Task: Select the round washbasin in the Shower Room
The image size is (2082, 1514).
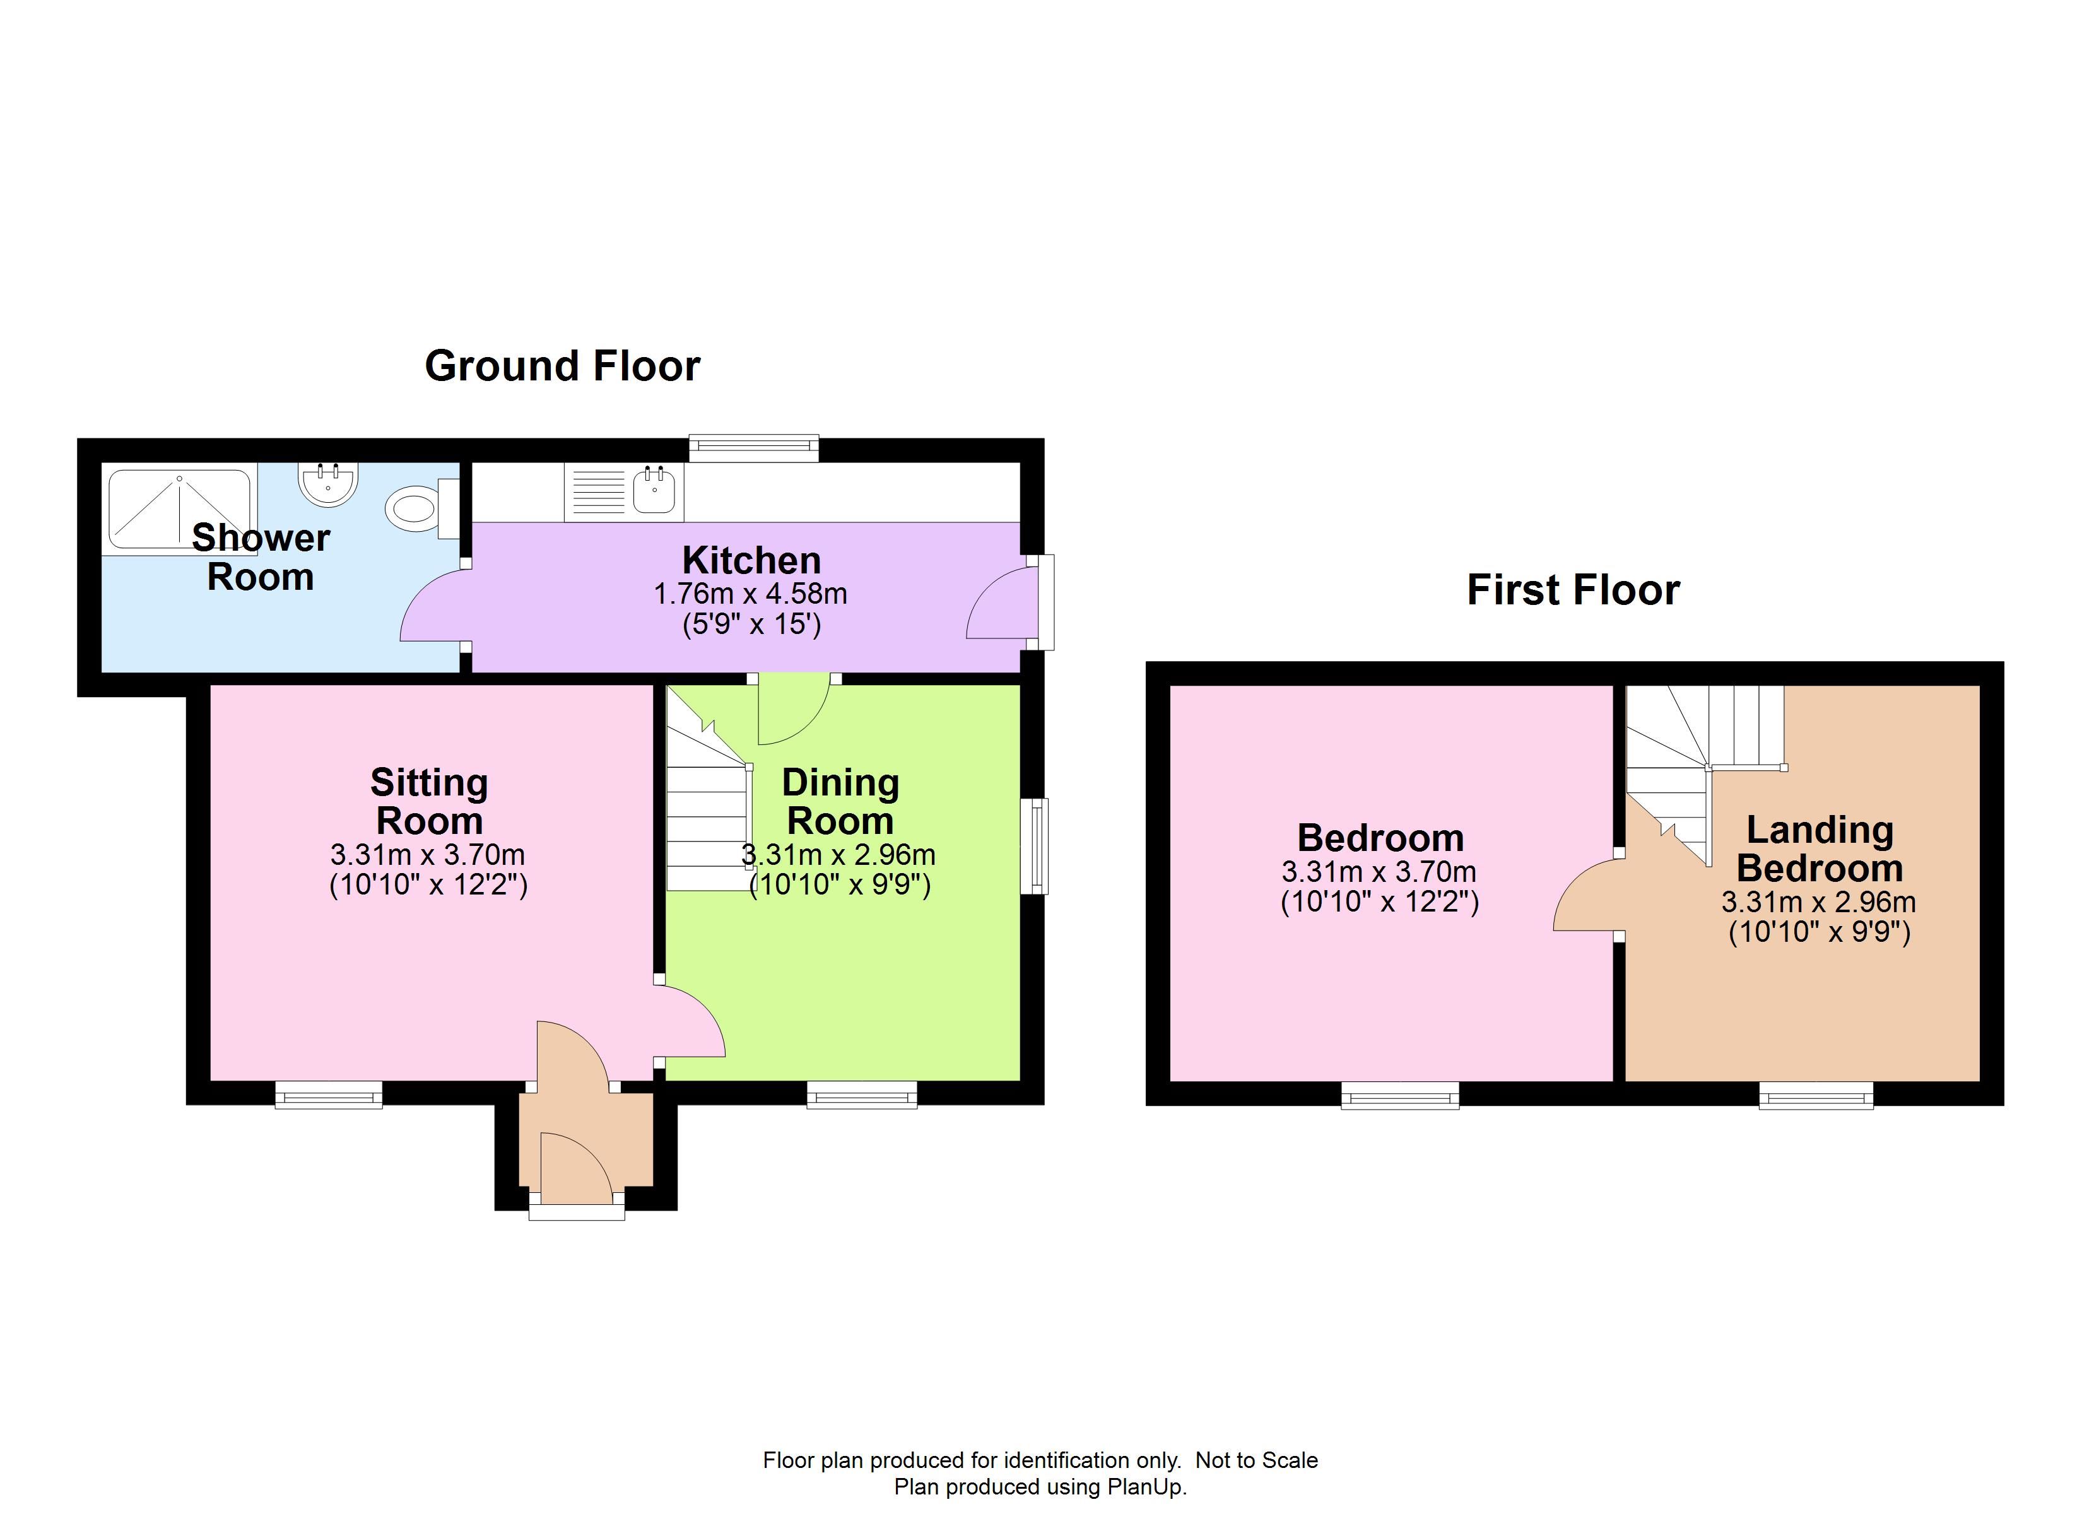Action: pos(327,484)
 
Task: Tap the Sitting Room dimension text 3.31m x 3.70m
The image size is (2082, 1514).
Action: pos(428,855)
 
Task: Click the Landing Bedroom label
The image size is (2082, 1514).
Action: pos(1820,848)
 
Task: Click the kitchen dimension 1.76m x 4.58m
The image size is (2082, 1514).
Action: pos(750,594)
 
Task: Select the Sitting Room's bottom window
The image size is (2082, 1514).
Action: pos(329,1094)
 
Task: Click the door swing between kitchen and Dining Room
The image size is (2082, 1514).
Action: pos(794,709)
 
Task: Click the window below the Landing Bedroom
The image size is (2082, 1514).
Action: pos(1816,1095)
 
